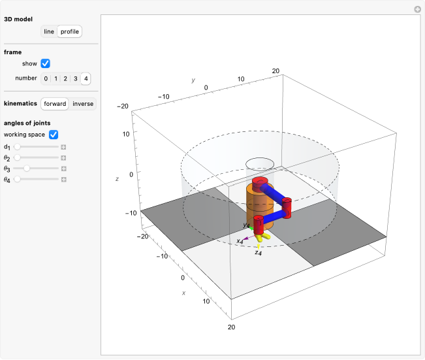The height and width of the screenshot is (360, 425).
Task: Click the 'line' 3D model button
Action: (x=49, y=31)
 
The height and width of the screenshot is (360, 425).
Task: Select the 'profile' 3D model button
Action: (x=69, y=31)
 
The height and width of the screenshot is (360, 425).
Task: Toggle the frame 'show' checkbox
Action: (x=45, y=63)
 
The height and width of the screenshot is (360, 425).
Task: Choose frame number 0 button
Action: (x=46, y=79)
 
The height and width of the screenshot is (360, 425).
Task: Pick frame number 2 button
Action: (x=66, y=79)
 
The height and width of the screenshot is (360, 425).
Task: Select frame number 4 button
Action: (x=86, y=79)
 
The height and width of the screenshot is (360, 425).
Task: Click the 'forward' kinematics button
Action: (x=55, y=104)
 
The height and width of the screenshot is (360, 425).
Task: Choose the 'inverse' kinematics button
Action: (x=83, y=104)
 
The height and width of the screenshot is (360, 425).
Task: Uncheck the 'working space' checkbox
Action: (x=54, y=135)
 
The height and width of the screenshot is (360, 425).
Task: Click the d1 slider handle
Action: (x=17, y=148)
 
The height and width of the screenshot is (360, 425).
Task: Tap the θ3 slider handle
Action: (x=26, y=169)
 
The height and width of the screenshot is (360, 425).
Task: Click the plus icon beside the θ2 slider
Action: (x=64, y=158)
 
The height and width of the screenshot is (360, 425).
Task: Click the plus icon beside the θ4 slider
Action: (x=64, y=179)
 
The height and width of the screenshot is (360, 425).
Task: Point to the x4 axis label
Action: (x=240, y=241)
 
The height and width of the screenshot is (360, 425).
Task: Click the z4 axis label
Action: (x=259, y=252)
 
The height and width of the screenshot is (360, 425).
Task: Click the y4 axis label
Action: (x=246, y=225)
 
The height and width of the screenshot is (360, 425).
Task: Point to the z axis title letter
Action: (x=116, y=178)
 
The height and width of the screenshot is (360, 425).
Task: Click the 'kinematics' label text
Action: (x=20, y=104)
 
